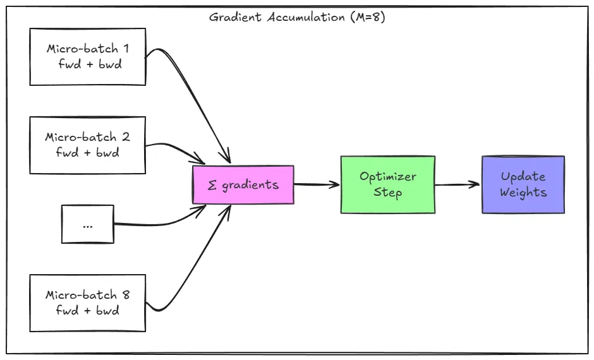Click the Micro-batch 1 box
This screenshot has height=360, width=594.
(x=87, y=56)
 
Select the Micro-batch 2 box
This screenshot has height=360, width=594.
(x=87, y=145)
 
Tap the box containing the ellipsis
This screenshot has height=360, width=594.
(x=87, y=224)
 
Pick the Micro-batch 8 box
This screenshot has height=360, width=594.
(x=87, y=303)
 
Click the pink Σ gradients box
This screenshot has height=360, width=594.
(x=243, y=185)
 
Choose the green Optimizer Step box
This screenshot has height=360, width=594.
(x=387, y=184)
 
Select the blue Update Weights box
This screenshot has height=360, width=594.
(x=523, y=184)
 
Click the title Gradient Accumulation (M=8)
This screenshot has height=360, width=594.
(x=297, y=17)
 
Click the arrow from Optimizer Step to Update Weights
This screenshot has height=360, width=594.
(x=458, y=184)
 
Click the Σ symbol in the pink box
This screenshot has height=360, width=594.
(x=212, y=186)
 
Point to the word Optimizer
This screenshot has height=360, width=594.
(x=387, y=177)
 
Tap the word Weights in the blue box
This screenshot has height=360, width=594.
(x=523, y=193)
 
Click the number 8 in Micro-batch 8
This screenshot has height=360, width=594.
(x=126, y=295)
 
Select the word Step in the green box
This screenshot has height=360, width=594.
(x=387, y=192)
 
